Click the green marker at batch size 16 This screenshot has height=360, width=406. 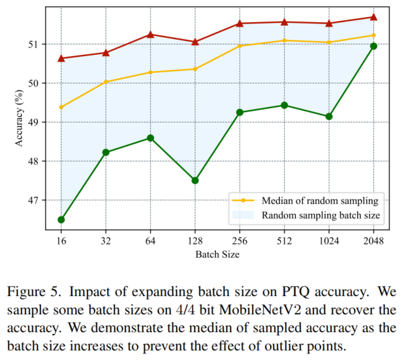61,220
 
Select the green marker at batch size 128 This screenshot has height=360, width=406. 195,180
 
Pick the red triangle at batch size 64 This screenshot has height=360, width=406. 150,34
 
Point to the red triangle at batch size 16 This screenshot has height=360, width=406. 61,58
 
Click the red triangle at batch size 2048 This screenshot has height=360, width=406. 374,17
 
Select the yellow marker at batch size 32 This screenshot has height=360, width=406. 106,82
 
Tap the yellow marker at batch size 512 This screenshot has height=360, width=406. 285,40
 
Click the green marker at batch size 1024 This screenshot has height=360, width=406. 329,116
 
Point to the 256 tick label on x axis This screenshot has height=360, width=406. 240,240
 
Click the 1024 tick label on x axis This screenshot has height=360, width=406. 329,240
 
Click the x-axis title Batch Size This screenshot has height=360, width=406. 217,254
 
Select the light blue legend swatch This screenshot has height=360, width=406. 242,214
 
